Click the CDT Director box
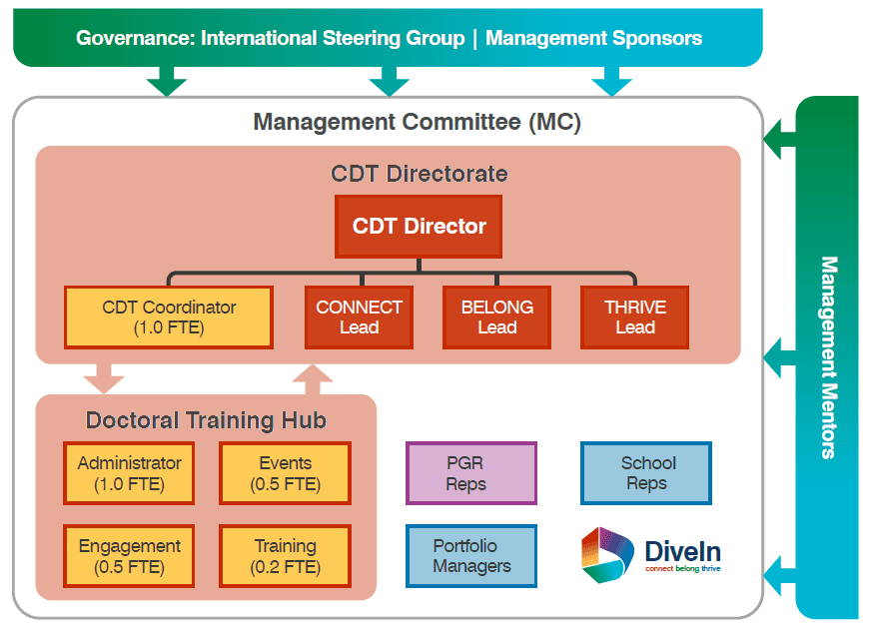coord(419,227)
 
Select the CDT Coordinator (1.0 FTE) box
coord(168,317)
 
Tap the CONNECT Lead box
coord(359,317)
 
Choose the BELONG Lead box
coord(496,317)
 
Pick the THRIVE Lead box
coord(634,317)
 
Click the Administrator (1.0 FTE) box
coord(129,473)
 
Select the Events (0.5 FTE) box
coord(285,473)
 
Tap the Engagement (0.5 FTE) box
coord(129,556)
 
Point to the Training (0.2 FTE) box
coord(285,556)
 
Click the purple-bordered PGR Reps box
coord(470,473)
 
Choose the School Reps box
coord(646,473)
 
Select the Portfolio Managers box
coord(470,556)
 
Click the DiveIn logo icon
coord(607,555)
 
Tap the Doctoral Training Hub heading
coord(206,420)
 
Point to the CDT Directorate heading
coord(419,174)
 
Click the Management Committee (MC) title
coord(417,123)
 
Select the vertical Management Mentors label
coord(828,357)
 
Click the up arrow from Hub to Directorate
coord(313,378)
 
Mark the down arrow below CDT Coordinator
coord(104,378)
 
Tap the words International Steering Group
coord(333,39)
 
